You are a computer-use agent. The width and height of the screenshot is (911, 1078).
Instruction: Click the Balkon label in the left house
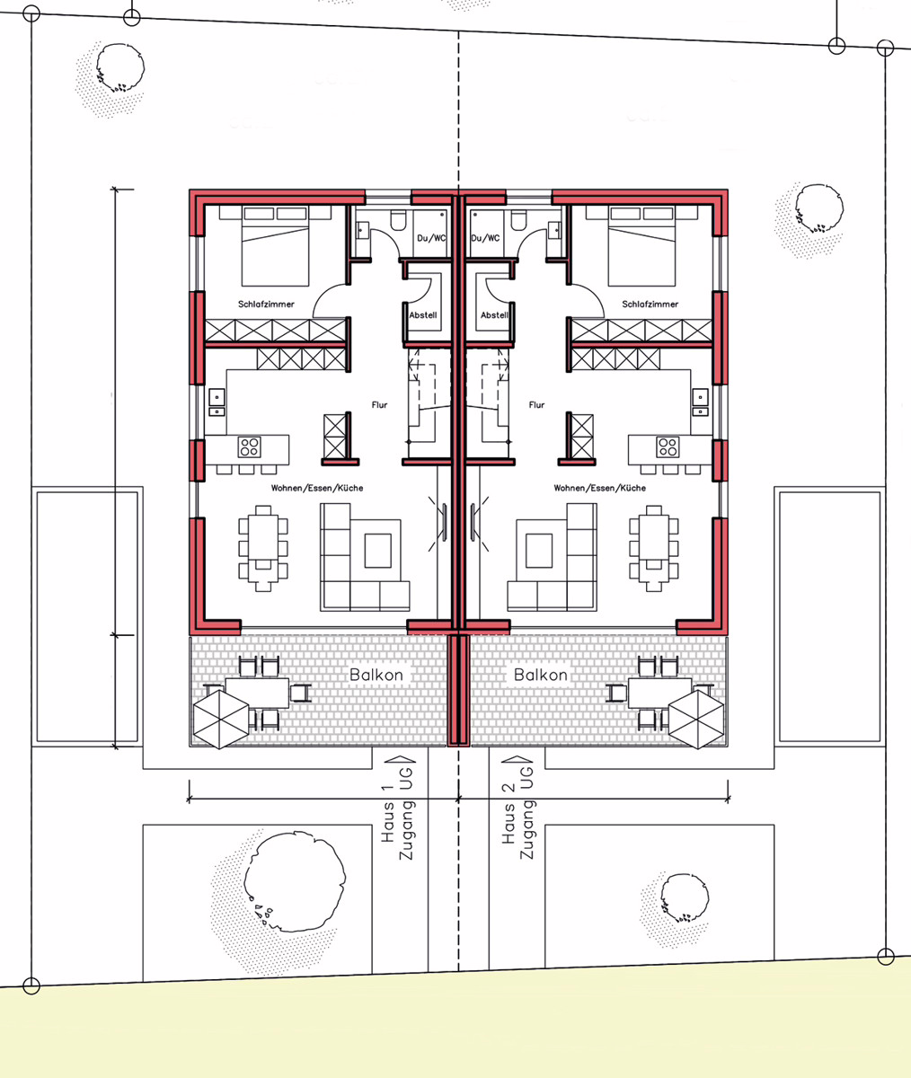click(x=376, y=675)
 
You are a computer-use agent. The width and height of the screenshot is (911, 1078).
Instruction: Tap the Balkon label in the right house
click(x=541, y=675)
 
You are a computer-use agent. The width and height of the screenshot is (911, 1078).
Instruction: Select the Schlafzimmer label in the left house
click(x=266, y=305)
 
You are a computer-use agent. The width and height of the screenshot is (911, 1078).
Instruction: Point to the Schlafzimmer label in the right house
click(x=650, y=305)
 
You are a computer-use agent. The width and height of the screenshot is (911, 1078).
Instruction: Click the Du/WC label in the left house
click(x=431, y=238)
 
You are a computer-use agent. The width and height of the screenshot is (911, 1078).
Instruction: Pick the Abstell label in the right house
click(x=494, y=315)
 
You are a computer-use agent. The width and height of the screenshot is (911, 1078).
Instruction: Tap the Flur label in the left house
click(x=379, y=405)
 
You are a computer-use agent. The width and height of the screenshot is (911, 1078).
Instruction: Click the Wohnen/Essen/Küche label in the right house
click(x=599, y=488)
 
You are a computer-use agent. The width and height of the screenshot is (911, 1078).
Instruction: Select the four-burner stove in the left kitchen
click(x=250, y=447)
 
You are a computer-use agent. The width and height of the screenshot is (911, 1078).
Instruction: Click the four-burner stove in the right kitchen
click(x=668, y=447)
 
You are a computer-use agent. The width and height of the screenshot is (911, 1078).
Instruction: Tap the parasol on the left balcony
click(x=221, y=720)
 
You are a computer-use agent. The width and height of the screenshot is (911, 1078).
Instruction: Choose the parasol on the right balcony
click(x=696, y=720)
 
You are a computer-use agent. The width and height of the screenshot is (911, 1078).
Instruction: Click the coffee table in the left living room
click(x=378, y=551)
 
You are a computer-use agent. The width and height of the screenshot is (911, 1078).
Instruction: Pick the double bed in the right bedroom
click(x=641, y=246)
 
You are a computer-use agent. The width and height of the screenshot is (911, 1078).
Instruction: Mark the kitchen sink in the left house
click(x=217, y=402)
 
